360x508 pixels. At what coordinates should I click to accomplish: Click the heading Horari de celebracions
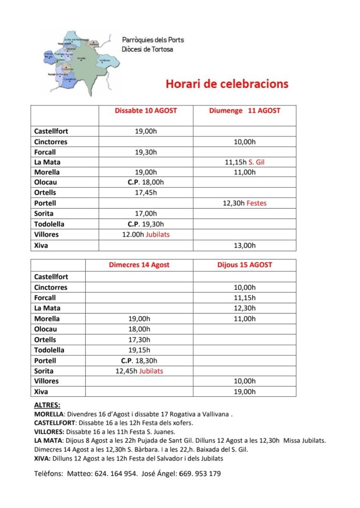pyautogui.click(x=227, y=84)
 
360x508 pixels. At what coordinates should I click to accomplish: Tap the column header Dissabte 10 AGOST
pyautogui.click(x=145, y=111)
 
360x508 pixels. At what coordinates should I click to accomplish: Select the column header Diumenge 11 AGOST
pyautogui.click(x=244, y=111)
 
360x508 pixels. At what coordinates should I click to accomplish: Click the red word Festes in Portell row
pyautogui.click(x=257, y=204)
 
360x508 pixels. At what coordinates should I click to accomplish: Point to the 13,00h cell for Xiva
pyautogui.click(x=245, y=245)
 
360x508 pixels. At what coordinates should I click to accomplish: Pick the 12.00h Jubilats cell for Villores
pyautogui.click(x=145, y=235)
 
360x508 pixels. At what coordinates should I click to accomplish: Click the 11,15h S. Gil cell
pyautogui.click(x=245, y=162)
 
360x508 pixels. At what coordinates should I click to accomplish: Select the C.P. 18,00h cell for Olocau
pyautogui.click(x=145, y=182)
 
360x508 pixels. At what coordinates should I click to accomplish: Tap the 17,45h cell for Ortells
pyautogui.click(x=145, y=193)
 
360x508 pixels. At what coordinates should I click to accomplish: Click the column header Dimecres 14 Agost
pyautogui.click(x=139, y=265)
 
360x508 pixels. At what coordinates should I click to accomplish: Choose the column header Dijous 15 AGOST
pyautogui.click(x=244, y=265)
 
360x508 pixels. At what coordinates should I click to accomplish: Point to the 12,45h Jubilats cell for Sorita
pyautogui.click(x=139, y=371)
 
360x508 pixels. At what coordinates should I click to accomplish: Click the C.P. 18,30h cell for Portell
pyautogui.click(x=139, y=361)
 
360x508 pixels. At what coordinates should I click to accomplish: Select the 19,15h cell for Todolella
pyautogui.click(x=139, y=350)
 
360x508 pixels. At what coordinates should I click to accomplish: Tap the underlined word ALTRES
pyautogui.click(x=47, y=406)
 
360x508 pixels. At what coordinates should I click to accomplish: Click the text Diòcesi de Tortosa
pyautogui.click(x=147, y=50)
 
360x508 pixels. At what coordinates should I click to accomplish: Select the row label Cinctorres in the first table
pyautogui.click(x=51, y=142)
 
